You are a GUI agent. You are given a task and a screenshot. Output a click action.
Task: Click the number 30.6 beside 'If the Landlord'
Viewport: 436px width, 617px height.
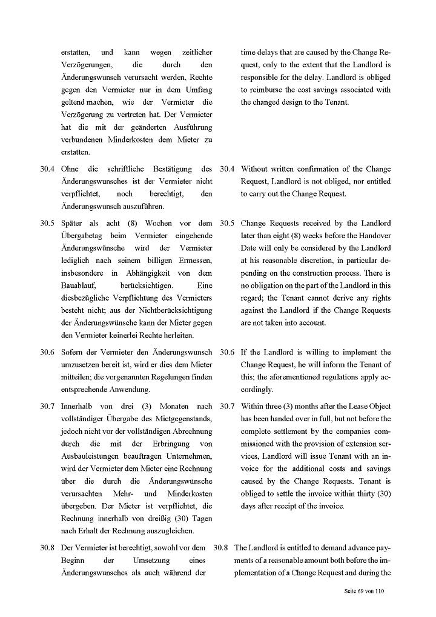(x=228, y=352)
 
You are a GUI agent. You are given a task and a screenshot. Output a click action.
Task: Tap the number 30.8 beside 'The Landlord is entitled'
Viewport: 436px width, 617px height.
(x=221, y=547)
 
